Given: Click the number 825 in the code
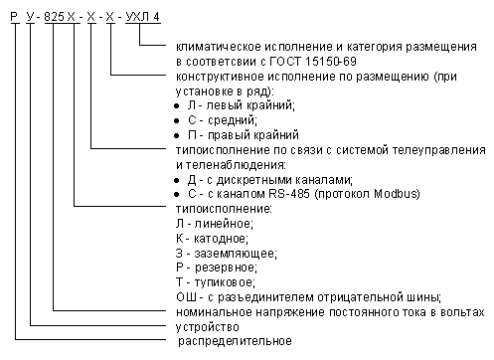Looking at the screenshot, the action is pyautogui.click(x=55, y=17).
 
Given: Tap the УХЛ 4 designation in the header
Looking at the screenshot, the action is pyautogui.click(x=143, y=17).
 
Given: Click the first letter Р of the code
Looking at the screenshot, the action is pyautogui.click(x=15, y=17).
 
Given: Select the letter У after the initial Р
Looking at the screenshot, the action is pyautogui.click(x=31, y=17).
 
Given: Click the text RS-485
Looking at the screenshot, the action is pyautogui.click(x=289, y=193).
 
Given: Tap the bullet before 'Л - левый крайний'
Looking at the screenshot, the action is pyautogui.click(x=177, y=106).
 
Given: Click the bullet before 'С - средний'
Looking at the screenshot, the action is pyautogui.click(x=177, y=121).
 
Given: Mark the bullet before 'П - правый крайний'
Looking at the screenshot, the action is pyautogui.click(x=177, y=136).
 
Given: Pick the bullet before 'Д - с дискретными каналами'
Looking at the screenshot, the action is pyautogui.click(x=177, y=181).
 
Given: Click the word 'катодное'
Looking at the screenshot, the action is pyautogui.click(x=221, y=239).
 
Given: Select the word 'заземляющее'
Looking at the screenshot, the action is pyautogui.click(x=236, y=254).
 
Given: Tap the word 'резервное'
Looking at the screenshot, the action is pyautogui.click(x=226, y=268).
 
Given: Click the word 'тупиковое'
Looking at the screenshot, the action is pyautogui.click(x=225, y=282).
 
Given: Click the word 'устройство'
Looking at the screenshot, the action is pyautogui.click(x=208, y=327).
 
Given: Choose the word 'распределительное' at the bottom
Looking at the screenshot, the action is pyautogui.click(x=235, y=341).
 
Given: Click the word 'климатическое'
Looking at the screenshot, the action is pyautogui.click(x=219, y=47).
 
